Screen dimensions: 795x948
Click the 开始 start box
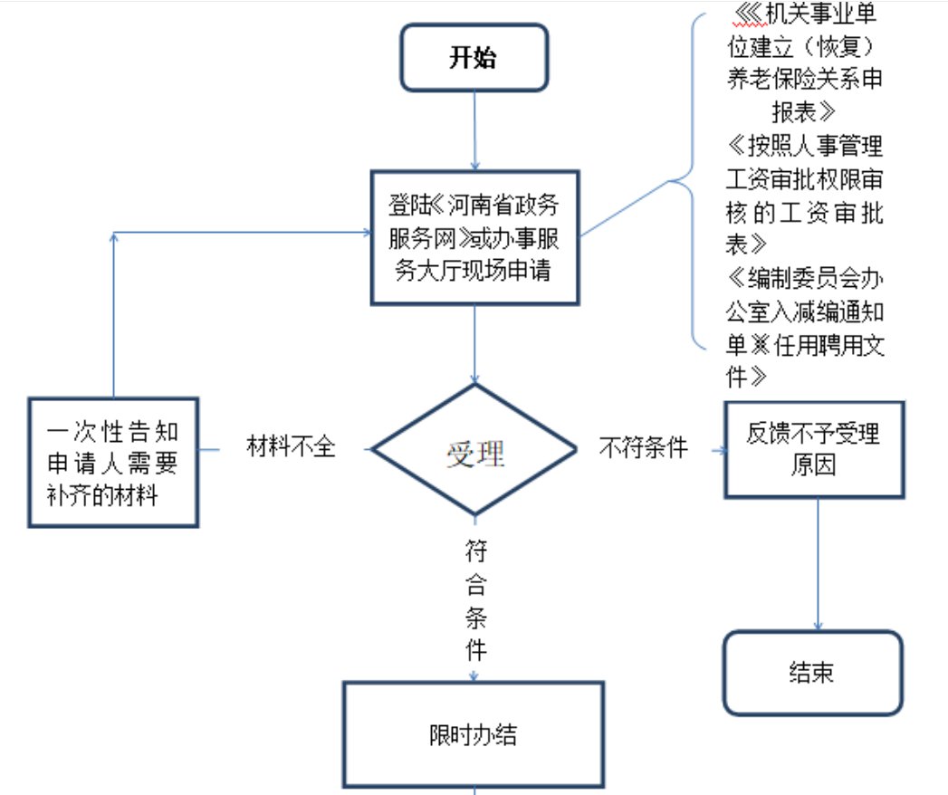coord(474,58)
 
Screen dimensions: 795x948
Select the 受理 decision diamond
coord(475,450)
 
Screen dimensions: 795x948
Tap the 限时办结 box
coord(473,734)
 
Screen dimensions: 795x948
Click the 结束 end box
coord(812,673)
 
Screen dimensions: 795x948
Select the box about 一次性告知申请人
coord(112,463)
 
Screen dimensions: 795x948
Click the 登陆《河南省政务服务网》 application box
coord(474,235)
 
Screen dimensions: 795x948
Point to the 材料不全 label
coord(292,447)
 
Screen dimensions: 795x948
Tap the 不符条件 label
coord(644,447)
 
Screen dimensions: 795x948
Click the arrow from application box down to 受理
coord(475,344)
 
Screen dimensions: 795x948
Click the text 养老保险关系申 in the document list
coord(805,79)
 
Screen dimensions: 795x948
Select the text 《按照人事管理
coord(805,145)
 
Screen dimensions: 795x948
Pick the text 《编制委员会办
coord(805,276)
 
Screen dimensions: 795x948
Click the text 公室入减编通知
coord(805,311)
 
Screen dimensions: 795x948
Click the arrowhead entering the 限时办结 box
coord(474,675)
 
